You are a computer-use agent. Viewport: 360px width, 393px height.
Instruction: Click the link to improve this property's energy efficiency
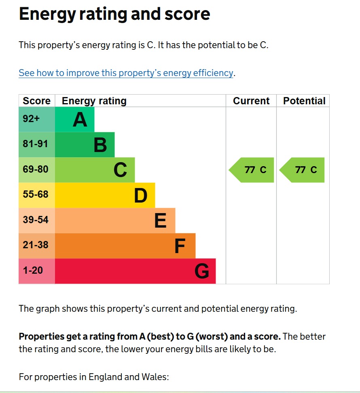pyautogui.click(x=126, y=73)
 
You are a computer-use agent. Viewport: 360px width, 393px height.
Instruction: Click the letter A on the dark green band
pyautogui.click(x=80, y=119)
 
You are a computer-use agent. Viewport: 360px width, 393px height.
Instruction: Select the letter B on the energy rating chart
pyautogui.click(x=100, y=145)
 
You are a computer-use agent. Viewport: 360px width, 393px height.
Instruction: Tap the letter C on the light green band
pyautogui.click(x=120, y=170)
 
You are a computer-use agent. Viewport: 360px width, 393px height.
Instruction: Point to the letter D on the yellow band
pyautogui.click(x=141, y=196)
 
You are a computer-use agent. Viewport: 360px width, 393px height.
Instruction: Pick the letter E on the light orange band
pyautogui.click(x=161, y=221)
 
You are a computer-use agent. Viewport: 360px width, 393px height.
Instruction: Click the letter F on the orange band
pyautogui.click(x=180, y=246)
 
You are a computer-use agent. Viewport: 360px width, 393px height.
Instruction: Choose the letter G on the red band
pyautogui.click(x=202, y=271)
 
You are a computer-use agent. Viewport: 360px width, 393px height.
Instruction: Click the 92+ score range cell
pyautogui.click(x=37, y=119)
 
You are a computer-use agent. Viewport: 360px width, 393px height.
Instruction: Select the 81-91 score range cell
pyautogui.click(x=37, y=145)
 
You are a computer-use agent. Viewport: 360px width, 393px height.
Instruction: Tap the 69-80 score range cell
pyautogui.click(x=37, y=170)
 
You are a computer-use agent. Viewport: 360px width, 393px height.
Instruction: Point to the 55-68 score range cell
pyautogui.click(x=37, y=195)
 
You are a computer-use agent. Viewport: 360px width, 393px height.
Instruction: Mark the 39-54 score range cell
pyautogui.click(x=37, y=221)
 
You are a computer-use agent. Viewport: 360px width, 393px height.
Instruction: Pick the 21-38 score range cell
pyautogui.click(x=37, y=246)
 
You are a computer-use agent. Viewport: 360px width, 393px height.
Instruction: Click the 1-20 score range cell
pyautogui.click(x=37, y=271)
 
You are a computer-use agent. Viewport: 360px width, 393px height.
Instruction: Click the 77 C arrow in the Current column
pyautogui.click(x=251, y=170)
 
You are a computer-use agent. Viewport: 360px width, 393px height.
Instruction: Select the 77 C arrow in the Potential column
pyautogui.click(x=302, y=170)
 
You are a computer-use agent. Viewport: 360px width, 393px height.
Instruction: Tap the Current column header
pyautogui.click(x=251, y=101)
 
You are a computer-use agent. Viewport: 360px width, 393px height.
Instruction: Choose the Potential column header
pyautogui.click(x=304, y=101)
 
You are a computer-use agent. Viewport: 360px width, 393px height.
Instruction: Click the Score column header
pyautogui.click(x=36, y=101)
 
